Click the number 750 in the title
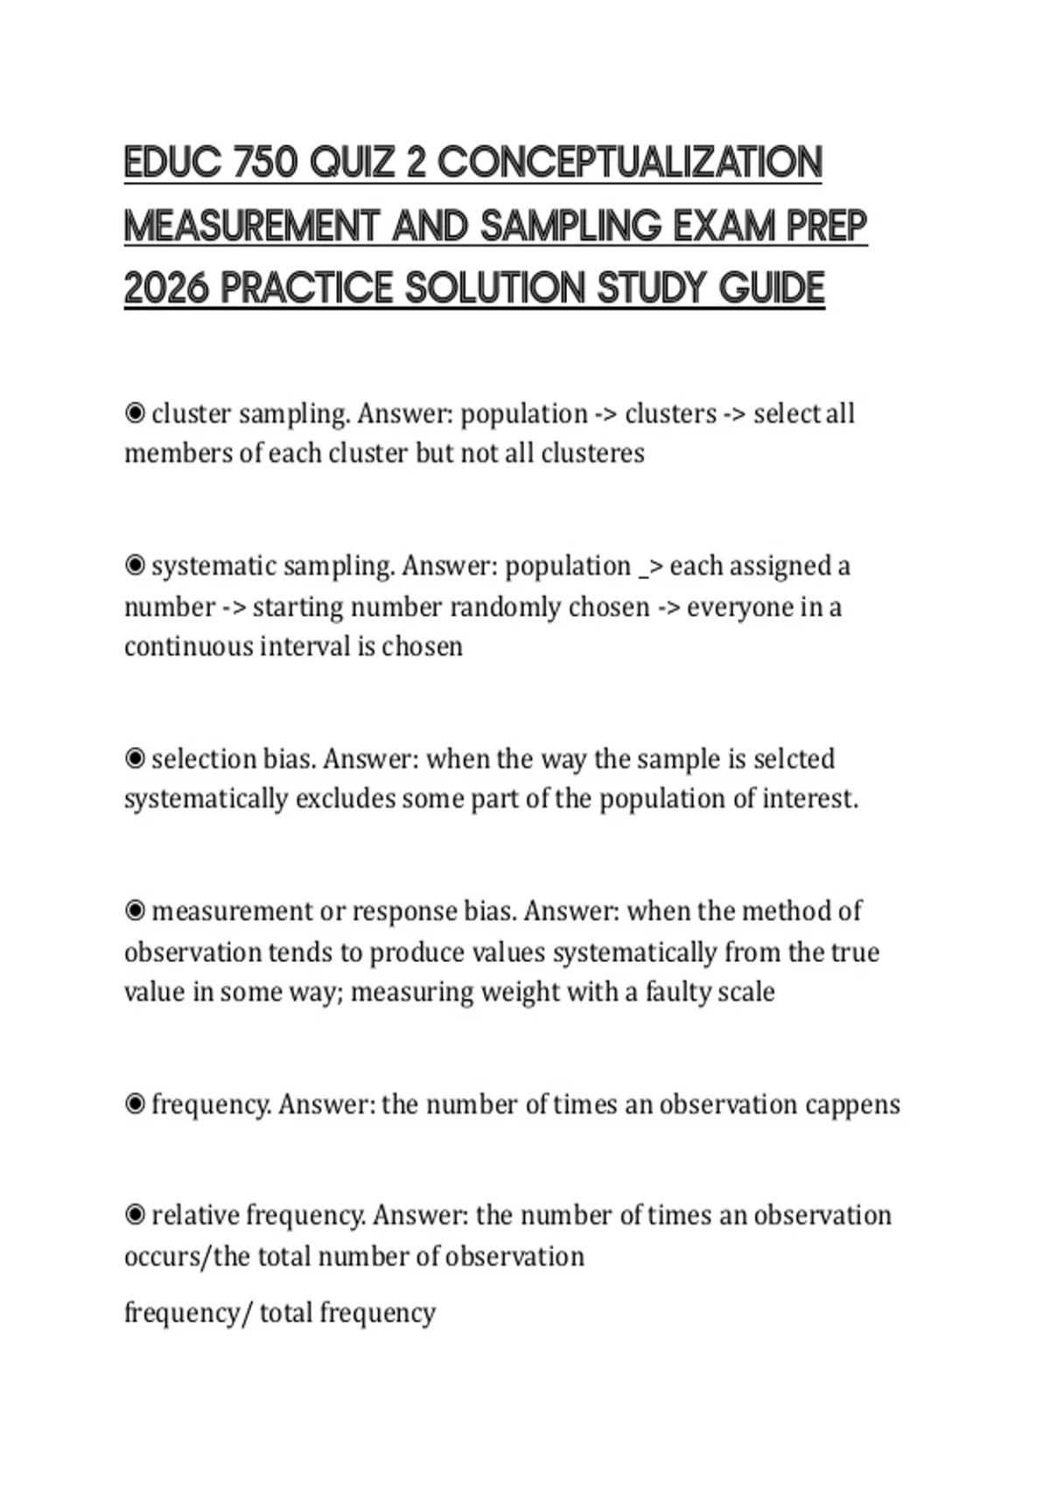(x=265, y=164)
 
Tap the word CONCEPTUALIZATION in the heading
(x=629, y=164)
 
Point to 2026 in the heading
(x=166, y=289)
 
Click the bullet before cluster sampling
(x=135, y=413)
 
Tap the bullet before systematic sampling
(x=135, y=566)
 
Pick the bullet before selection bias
(x=135, y=758)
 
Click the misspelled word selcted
(x=794, y=758)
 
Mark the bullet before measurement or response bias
(x=135, y=911)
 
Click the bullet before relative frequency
(x=135, y=1215)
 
